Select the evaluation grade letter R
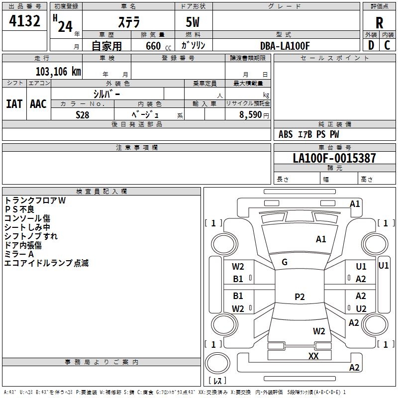coord(380,23)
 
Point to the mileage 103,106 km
coord(58,71)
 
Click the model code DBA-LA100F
coord(285,46)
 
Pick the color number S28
coord(82,114)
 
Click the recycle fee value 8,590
coord(250,114)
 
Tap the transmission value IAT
coord(14,103)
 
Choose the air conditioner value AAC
coord(38,103)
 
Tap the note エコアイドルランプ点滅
coord(46,263)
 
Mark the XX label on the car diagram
coord(313,356)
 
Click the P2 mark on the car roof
coord(299,297)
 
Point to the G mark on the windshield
coord(285,262)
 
